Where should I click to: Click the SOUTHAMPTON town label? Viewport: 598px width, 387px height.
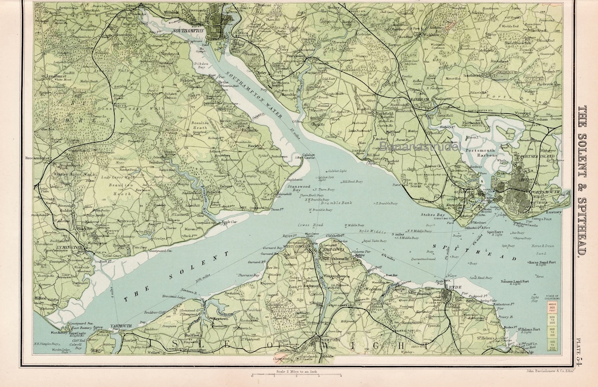click(x=189, y=31)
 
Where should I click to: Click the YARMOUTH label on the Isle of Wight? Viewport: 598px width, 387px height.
click(x=121, y=326)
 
